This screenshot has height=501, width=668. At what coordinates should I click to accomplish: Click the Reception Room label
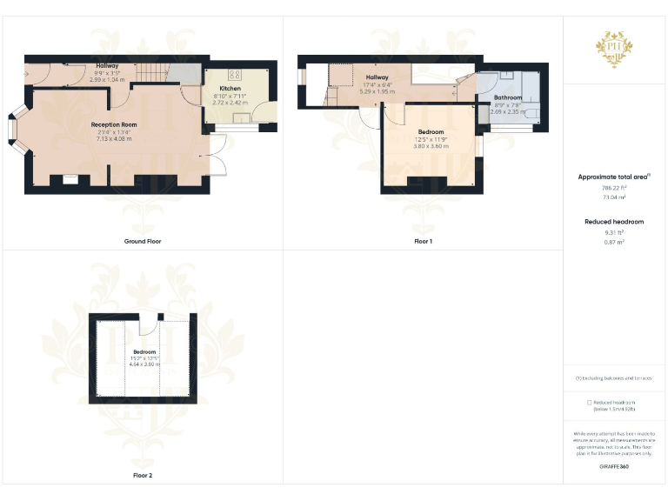(114, 124)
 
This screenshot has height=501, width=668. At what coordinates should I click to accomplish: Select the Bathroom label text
(508, 97)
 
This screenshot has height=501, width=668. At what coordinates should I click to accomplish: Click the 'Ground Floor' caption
(143, 241)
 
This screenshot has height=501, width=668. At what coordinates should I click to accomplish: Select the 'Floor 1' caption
(424, 241)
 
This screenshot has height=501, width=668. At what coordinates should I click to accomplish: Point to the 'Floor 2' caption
(143, 476)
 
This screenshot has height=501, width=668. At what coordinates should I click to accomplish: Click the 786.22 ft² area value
(614, 187)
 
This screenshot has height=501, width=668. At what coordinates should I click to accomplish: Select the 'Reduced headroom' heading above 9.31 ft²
(614, 222)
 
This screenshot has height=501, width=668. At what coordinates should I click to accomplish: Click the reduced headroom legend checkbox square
(589, 403)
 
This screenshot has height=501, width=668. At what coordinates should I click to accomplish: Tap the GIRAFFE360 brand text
(614, 467)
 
